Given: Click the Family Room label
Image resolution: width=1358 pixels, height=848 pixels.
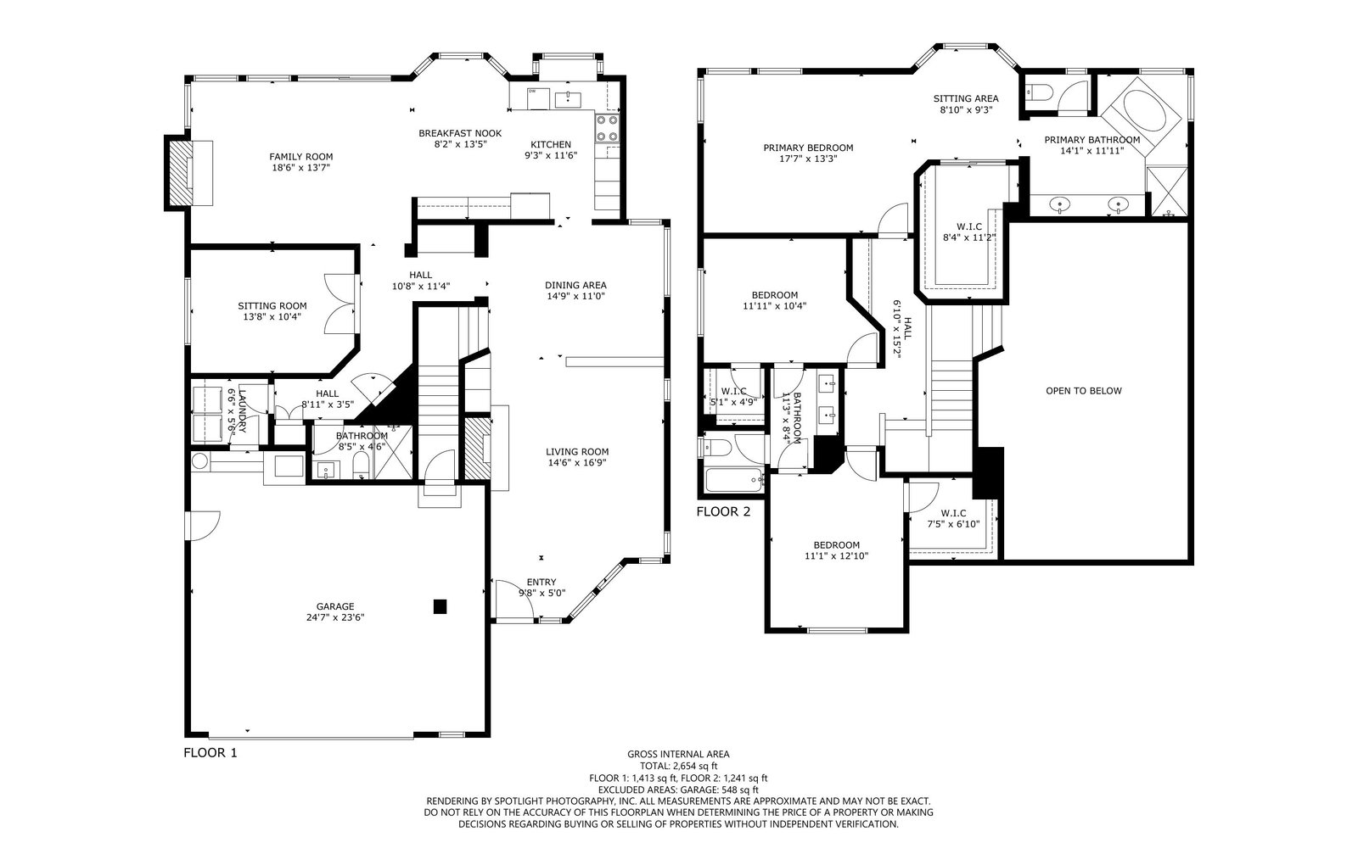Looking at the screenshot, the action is click(x=301, y=157).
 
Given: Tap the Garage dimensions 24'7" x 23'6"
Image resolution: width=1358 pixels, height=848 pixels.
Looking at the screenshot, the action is click(x=335, y=618).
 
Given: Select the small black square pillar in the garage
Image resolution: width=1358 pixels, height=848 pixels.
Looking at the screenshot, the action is click(x=440, y=606).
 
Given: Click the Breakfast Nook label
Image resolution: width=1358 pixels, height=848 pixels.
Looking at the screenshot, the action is click(x=460, y=133).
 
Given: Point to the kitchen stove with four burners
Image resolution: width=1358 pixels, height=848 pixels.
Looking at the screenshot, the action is click(x=607, y=128).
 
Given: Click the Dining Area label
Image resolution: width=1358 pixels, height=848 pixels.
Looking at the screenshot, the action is click(x=575, y=285).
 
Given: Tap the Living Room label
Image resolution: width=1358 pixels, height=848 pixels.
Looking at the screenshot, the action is click(x=577, y=452).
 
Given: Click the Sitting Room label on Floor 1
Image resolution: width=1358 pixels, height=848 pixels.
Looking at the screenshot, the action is click(x=272, y=306).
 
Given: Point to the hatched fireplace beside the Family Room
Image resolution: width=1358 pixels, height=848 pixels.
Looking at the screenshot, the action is click(x=178, y=173).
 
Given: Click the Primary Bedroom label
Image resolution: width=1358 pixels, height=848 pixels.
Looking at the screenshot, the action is click(x=808, y=148).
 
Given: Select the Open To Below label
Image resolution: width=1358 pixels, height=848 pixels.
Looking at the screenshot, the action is click(x=1084, y=391).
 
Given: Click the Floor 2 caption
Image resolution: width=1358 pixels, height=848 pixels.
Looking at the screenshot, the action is click(x=723, y=512).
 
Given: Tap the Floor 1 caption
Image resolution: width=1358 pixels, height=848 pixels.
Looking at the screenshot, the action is click(x=210, y=753).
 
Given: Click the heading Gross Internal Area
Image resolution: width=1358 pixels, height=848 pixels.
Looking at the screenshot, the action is click(x=678, y=755).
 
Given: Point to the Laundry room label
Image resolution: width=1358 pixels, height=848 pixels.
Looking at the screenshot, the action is click(x=243, y=410).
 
